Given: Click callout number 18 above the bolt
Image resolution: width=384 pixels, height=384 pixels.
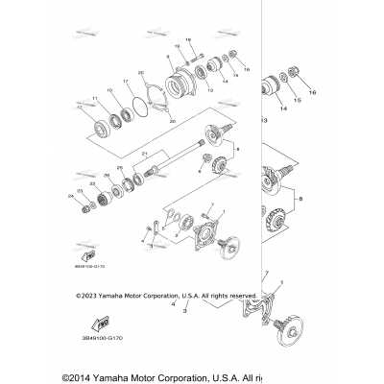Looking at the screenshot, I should [x=188, y=39].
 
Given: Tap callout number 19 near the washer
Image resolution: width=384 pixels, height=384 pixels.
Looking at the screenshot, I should [x=178, y=46].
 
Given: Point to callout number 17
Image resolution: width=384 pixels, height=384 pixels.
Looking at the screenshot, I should [x=126, y=84].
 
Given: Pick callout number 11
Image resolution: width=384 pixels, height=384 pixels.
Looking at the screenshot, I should [x=94, y=97].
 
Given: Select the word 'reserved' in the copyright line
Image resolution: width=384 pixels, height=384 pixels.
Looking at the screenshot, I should [x=239, y=298].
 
